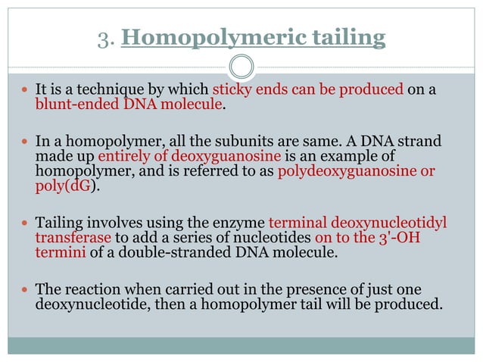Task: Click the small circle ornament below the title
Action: pyautogui.click(x=241, y=67)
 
